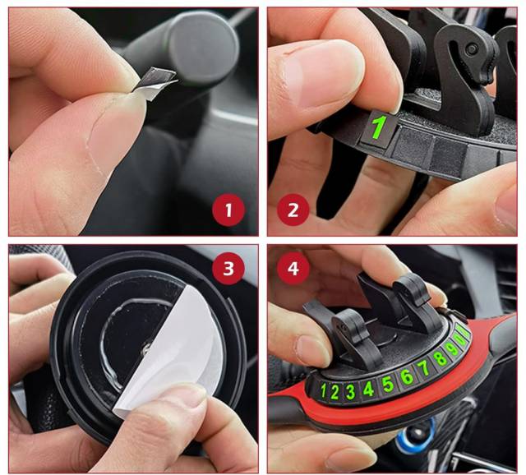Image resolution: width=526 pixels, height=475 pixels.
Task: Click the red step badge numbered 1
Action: coord(228,210)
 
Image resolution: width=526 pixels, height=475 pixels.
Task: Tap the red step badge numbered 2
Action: coord(293,210)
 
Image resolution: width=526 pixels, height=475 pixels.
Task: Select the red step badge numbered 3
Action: coord(228,269)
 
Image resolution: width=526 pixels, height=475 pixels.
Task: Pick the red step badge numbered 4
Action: coord(293,269)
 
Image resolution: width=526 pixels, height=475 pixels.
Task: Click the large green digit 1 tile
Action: coord(380,128)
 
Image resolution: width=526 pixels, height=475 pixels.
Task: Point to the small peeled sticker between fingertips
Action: coord(155,82)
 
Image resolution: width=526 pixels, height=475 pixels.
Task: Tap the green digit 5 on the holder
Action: coord(387,384)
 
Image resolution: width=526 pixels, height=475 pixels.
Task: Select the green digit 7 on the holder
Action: coord(424,367)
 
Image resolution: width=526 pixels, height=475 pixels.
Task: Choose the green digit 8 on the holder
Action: coord(440,358)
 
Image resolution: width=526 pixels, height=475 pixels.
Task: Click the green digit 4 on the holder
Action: coord(368,390)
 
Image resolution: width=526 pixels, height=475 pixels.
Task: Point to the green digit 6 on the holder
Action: coord(407,376)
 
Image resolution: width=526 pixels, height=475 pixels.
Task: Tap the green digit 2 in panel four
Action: coord(335,391)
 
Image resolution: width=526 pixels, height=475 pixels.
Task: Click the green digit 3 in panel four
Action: coord(350,392)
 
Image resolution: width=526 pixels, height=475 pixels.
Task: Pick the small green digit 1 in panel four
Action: coord(323,390)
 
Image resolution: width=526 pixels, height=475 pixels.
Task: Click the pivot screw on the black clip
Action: coord(472,49)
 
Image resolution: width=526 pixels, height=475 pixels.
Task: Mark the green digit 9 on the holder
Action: coord(453,349)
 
